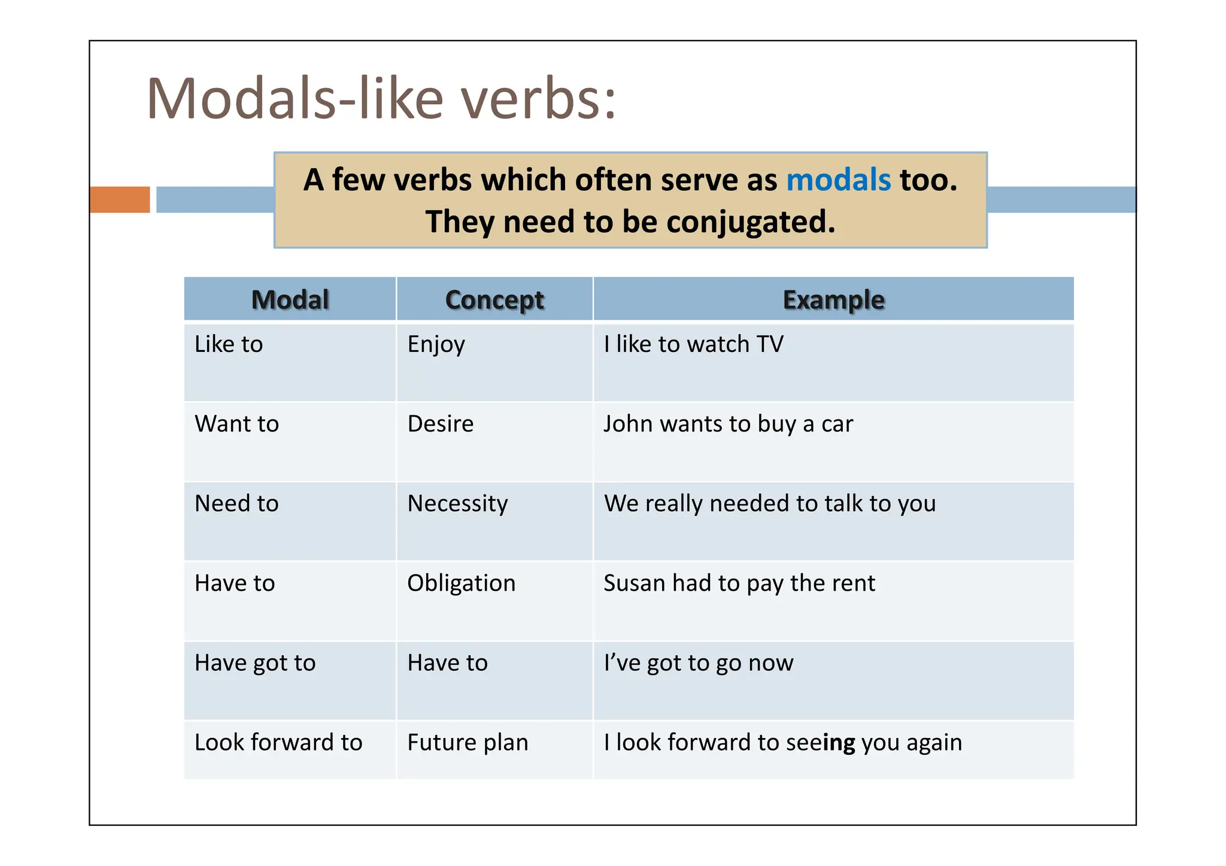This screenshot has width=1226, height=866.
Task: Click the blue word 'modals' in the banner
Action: (x=838, y=180)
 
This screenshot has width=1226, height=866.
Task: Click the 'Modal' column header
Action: (x=290, y=299)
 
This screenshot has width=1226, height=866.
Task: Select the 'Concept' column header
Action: (x=494, y=299)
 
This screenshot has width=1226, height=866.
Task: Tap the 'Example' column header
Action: (x=833, y=299)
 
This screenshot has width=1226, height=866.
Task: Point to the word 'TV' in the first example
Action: (x=770, y=344)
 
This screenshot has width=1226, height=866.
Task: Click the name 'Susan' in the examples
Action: (x=634, y=583)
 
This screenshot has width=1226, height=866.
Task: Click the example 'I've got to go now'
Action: (x=698, y=663)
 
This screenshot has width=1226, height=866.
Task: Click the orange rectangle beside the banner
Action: (x=120, y=199)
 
